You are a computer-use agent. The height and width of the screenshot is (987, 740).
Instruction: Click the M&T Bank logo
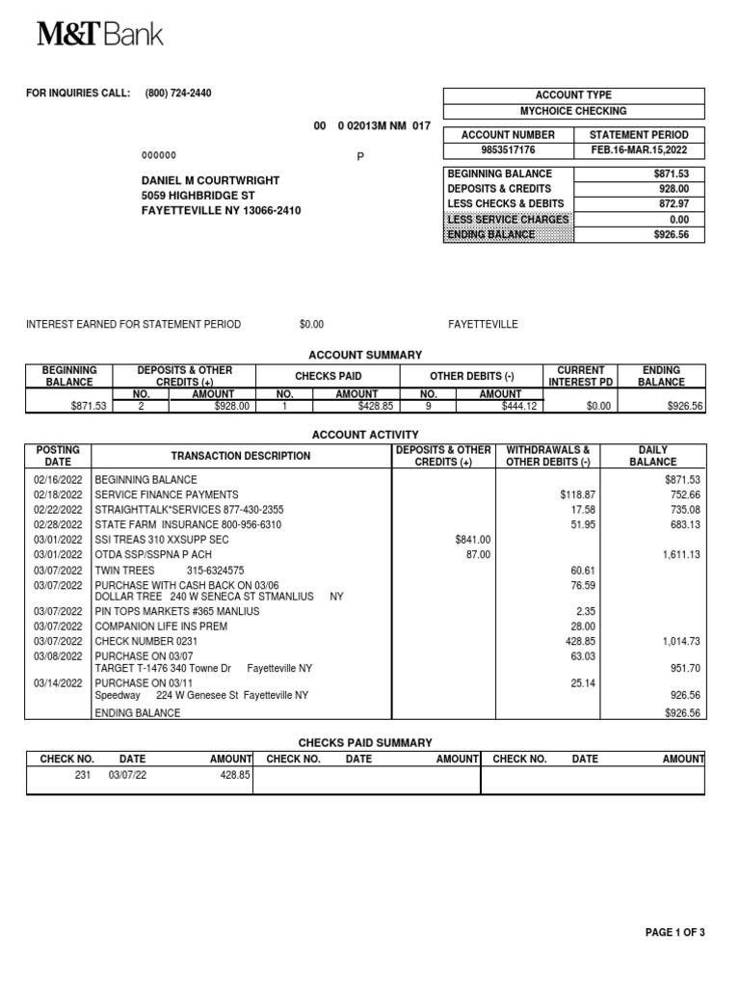click(x=100, y=35)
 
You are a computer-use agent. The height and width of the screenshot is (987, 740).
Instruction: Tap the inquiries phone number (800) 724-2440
click(x=178, y=93)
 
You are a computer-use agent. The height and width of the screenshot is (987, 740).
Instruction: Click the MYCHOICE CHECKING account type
click(x=573, y=111)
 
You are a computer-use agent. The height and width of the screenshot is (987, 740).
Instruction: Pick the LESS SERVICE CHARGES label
click(x=509, y=219)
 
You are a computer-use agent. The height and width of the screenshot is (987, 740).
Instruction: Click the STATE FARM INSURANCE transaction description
click(x=188, y=524)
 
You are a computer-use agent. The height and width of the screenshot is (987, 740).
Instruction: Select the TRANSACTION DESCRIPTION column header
click(x=241, y=456)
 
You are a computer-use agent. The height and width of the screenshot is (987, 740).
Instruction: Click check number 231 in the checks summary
click(x=81, y=774)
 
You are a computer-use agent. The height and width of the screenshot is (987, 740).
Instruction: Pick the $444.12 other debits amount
click(x=520, y=407)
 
